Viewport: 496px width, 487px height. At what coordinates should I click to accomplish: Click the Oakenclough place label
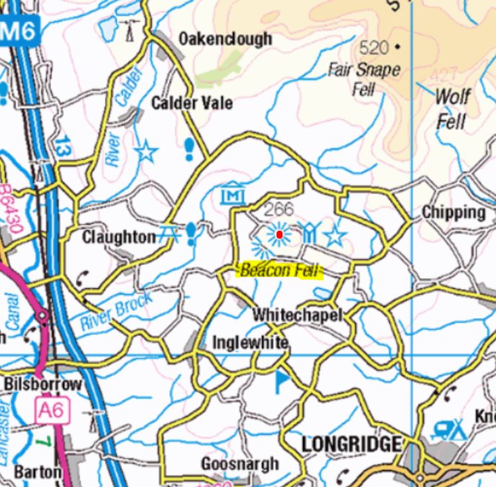[x=225, y=39]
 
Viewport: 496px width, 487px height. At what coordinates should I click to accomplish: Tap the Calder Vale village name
[x=192, y=103]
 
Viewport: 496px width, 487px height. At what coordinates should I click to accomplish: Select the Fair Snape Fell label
[x=364, y=79]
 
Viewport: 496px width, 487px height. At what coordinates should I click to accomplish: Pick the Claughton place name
[x=119, y=237]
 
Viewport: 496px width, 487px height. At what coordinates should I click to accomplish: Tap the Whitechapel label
[x=297, y=315]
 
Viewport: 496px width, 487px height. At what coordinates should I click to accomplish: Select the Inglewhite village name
[x=250, y=343]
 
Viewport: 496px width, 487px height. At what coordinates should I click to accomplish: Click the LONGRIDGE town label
[x=351, y=444]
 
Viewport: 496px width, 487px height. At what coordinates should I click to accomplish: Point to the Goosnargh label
[x=240, y=464]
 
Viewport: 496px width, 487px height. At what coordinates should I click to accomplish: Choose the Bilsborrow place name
[x=43, y=384]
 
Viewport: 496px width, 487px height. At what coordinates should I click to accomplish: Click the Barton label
[x=37, y=472]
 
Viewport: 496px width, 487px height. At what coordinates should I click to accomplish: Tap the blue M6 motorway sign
[x=21, y=31]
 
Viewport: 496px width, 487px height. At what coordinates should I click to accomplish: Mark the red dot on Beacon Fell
[x=280, y=235]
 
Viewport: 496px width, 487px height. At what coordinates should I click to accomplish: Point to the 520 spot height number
[x=374, y=48]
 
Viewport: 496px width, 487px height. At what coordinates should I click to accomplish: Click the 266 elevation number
[x=279, y=209]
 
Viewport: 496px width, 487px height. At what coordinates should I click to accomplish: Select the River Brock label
[x=116, y=313]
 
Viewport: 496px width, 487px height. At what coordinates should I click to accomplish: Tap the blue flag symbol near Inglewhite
[x=282, y=380]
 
